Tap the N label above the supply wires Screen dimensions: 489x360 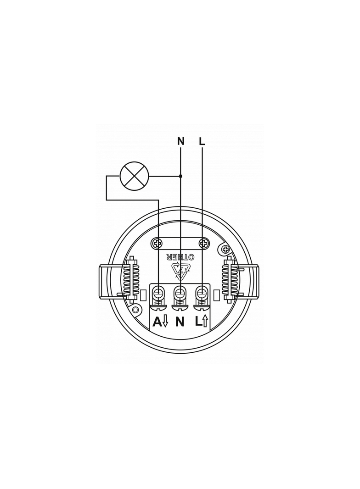[180, 141]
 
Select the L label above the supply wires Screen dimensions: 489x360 [202, 141]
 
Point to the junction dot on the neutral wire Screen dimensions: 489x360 [180, 176]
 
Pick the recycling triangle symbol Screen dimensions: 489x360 [180, 270]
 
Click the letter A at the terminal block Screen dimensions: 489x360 [157, 322]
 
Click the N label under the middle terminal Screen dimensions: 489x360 [180, 322]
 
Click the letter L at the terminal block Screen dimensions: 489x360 [197, 322]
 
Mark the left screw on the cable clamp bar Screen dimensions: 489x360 [158, 243]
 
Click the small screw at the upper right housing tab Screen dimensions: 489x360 [225, 249]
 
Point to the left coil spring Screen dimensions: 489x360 [132, 279]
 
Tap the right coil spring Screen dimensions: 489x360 [228, 279]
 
